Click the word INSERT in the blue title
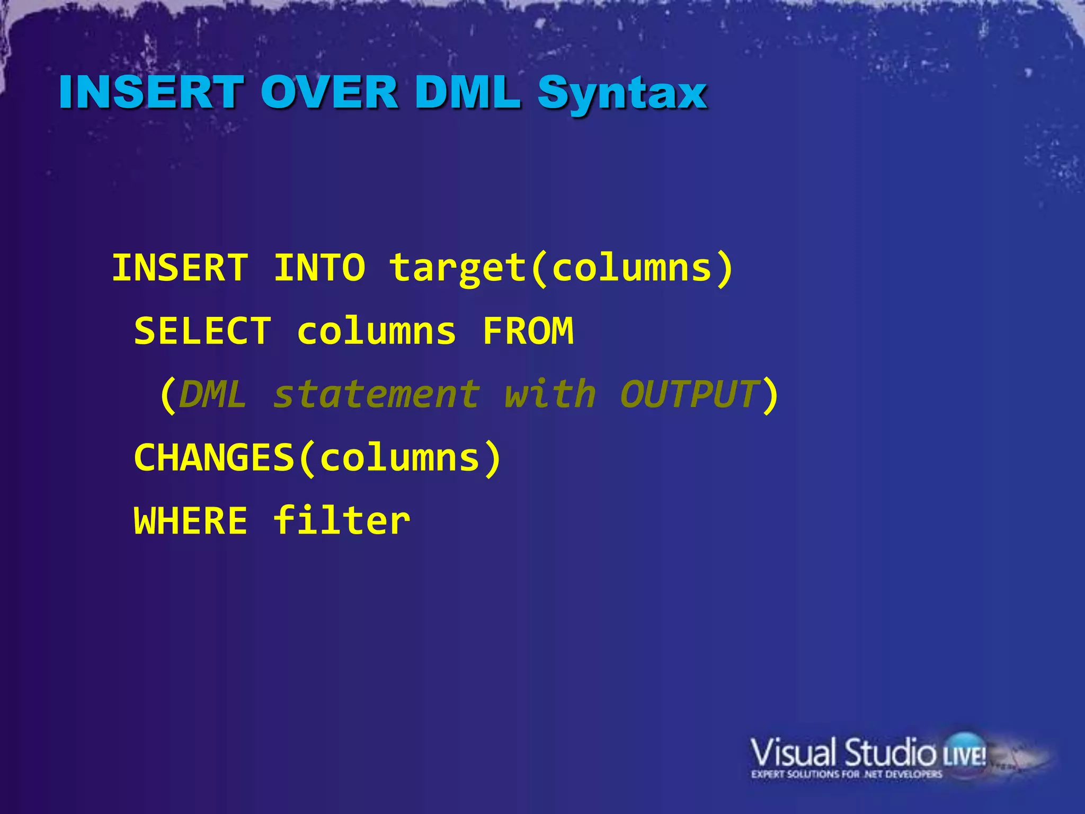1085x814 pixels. (152, 92)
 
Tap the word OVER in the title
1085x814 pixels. (329, 92)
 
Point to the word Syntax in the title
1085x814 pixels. (623, 94)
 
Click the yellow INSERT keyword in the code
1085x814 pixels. (180, 268)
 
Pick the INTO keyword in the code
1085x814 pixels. (319, 268)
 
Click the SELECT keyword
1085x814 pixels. (203, 331)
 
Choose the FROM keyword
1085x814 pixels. (528, 331)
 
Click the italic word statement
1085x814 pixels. (377, 395)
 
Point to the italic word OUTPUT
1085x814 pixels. (689, 395)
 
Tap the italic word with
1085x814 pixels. (550, 395)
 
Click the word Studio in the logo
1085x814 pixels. (890, 753)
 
